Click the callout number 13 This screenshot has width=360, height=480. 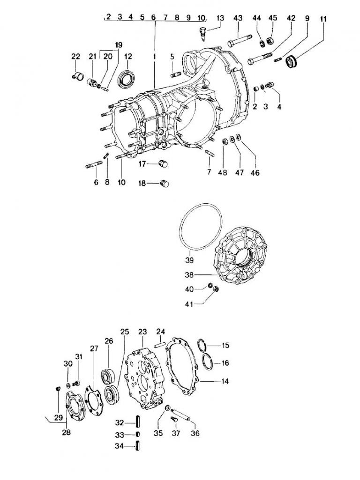coord(220,18)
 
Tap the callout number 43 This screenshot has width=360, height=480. coord(238,18)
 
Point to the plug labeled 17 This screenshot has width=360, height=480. coord(164,164)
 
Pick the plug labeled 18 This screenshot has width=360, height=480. coord(164,183)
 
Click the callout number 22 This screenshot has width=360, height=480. coord(76,57)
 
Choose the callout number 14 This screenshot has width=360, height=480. coord(225,381)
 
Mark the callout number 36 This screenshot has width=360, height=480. coord(195,433)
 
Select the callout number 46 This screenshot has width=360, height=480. coord(255,173)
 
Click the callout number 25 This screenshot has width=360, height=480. coord(124,332)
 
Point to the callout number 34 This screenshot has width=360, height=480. coord(119,447)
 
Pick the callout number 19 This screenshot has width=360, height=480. coord(118,45)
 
